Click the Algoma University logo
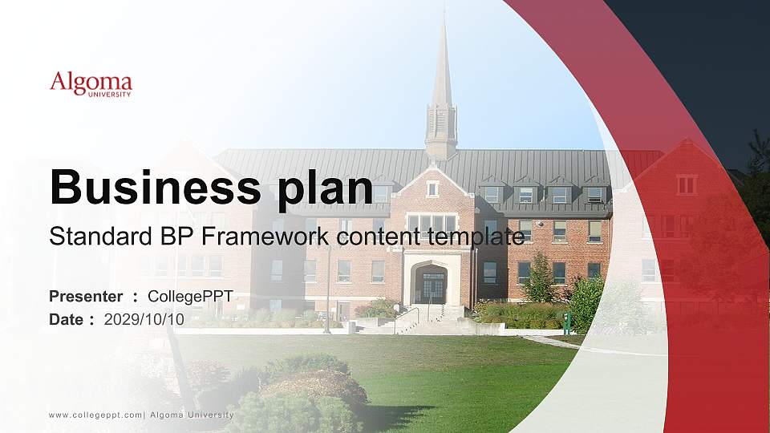pos(91,84)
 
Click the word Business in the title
pos(148,188)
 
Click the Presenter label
pos(86,297)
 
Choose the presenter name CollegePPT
pos(190,297)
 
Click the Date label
pos(67,319)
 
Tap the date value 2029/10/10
pos(144,319)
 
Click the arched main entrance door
pos(433,286)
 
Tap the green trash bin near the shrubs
pos(567,324)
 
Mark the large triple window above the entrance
pos(432,222)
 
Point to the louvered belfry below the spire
pos(441,124)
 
